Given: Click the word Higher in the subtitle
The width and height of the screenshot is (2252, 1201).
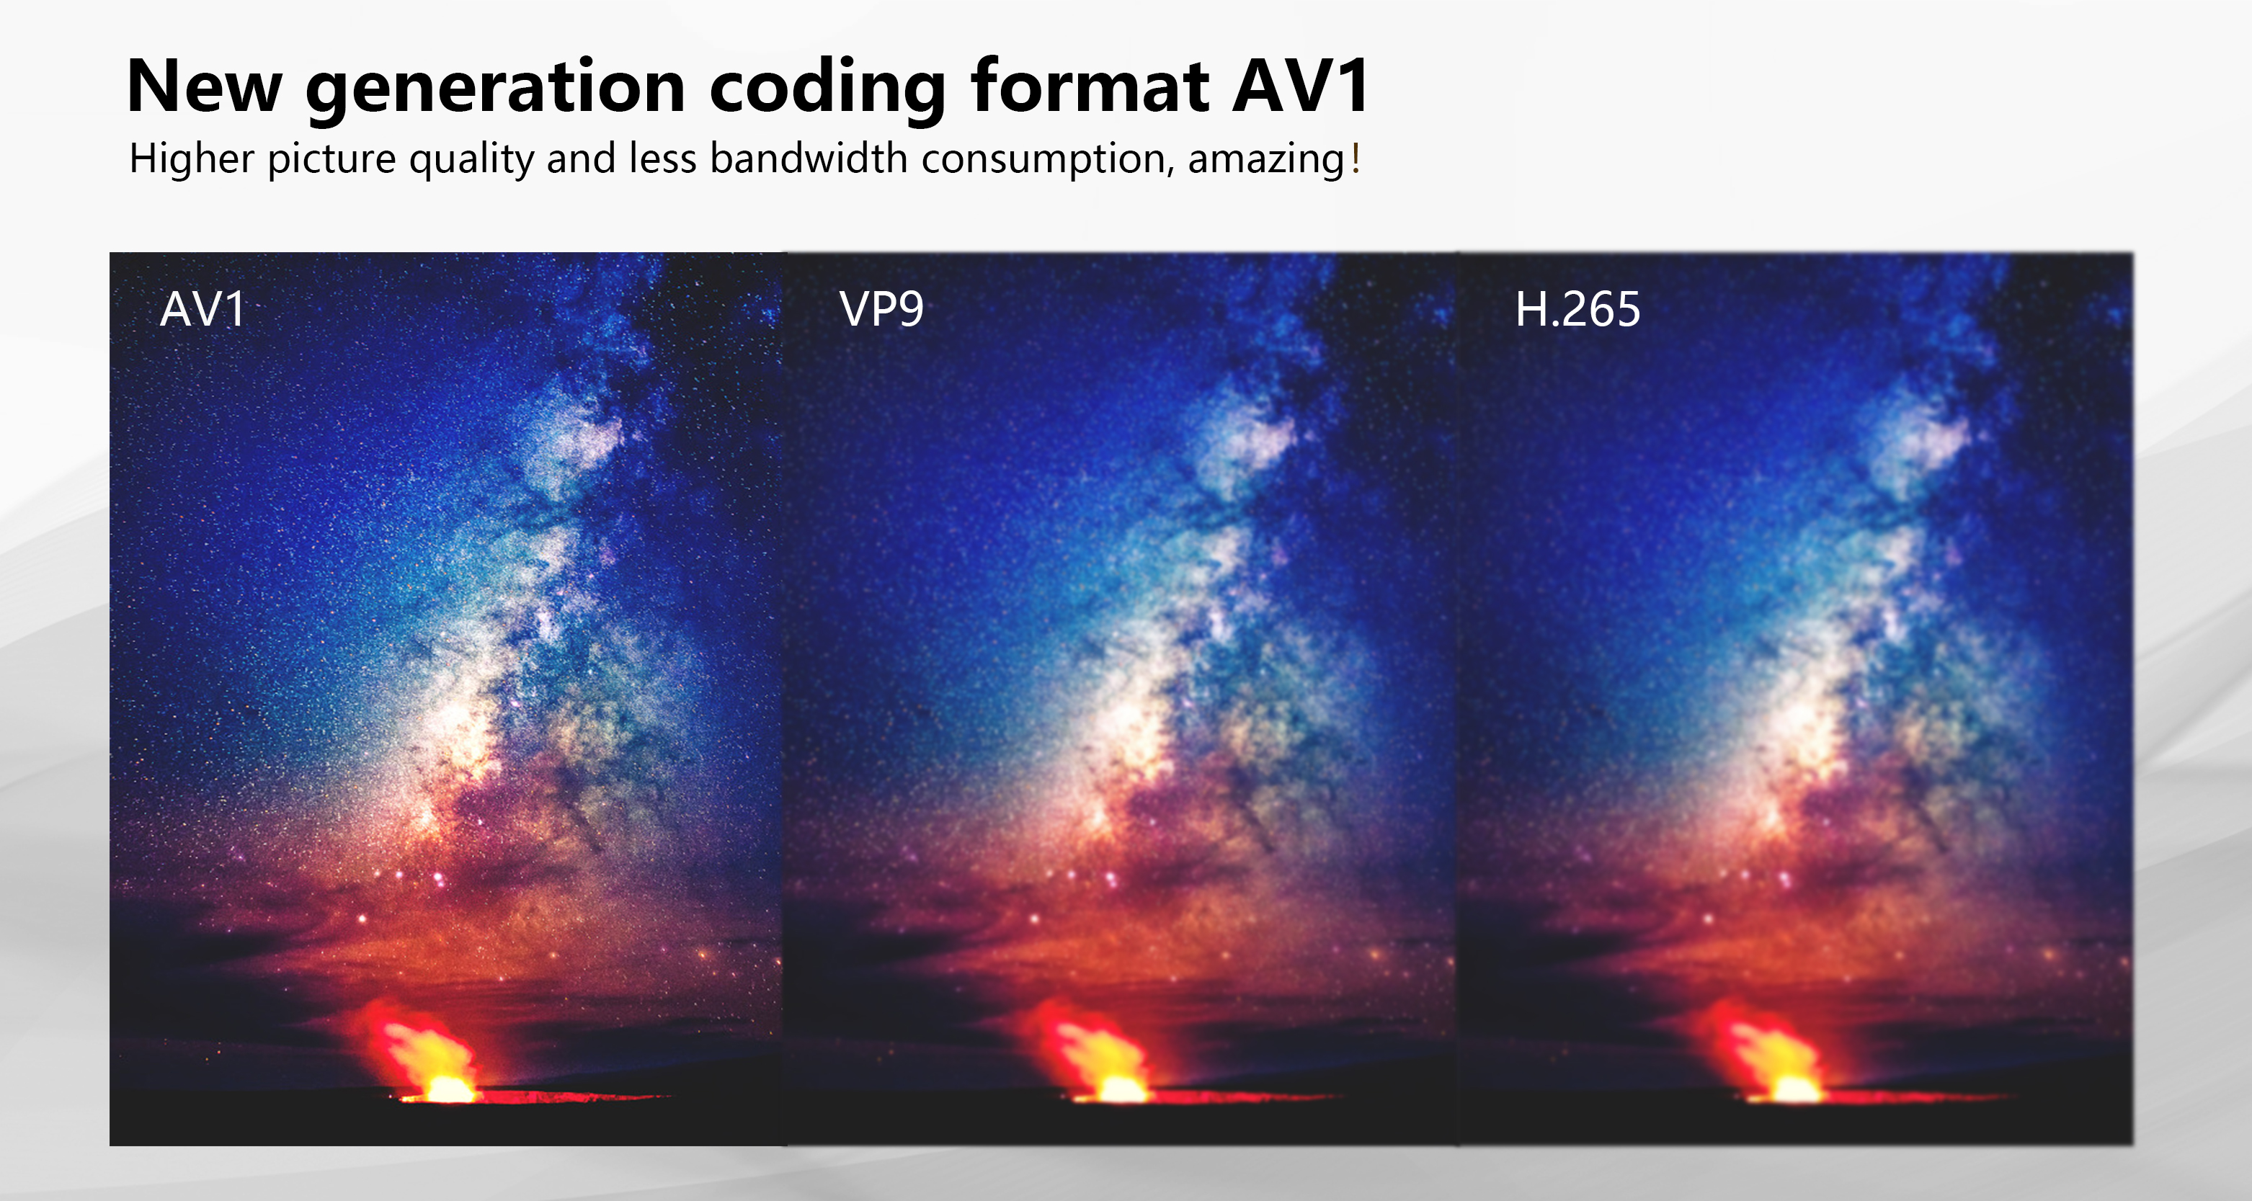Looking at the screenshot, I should [x=192, y=159].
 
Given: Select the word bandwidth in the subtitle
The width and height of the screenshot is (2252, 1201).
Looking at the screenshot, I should [x=809, y=159].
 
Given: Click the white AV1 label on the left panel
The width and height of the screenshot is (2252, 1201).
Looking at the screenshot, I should [x=202, y=309].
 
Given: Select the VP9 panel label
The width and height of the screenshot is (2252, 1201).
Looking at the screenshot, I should [x=881, y=309].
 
